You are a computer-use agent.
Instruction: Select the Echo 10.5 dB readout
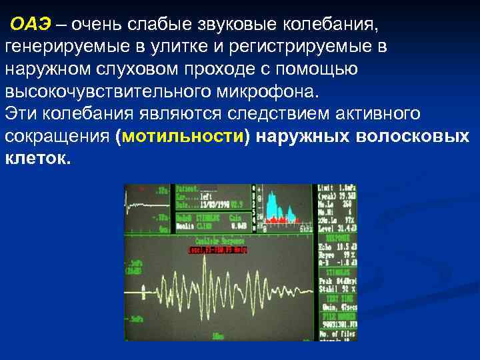click(x=337, y=247)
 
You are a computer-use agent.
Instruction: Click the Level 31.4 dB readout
click(x=337, y=229)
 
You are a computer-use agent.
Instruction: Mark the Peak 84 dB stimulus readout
click(x=337, y=282)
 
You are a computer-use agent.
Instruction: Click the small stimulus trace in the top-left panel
click(x=143, y=194)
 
